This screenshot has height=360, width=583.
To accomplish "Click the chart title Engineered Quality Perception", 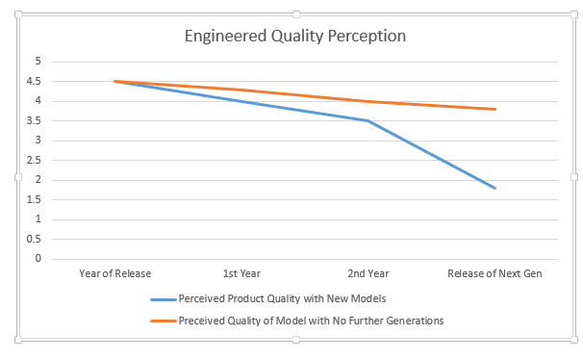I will [295, 36].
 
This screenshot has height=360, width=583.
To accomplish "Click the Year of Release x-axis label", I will [114, 274].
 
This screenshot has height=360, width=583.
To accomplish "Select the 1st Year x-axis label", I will [241, 274].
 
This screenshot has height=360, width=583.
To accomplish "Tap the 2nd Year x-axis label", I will [368, 274].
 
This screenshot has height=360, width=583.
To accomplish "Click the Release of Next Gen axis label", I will [494, 274].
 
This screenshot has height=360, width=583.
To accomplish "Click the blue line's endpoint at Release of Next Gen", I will [494, 188].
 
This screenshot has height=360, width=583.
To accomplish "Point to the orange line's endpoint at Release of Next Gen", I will [494, 109].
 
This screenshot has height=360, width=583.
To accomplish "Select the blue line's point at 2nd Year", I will [368, 120].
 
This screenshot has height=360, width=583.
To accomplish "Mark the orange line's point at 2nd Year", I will [368, 101].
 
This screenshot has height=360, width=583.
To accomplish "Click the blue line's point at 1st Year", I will [241, 101].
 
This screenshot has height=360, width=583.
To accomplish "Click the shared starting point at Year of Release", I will [114, 81].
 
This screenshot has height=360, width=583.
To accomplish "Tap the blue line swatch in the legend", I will [163, 299].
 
